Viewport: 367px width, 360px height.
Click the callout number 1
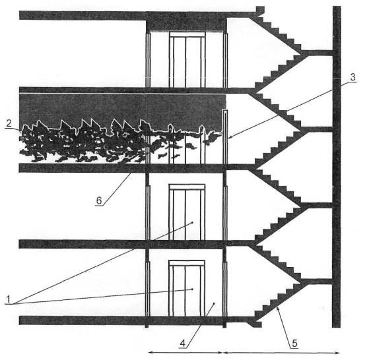9,299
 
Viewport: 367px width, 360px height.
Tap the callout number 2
9,123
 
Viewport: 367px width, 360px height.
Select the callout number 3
352,77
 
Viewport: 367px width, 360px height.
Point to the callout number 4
183,343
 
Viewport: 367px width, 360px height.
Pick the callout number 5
294,343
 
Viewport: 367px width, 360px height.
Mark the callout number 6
99,200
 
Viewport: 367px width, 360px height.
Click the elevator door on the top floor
187,60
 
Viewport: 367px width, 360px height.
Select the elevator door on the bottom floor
187,288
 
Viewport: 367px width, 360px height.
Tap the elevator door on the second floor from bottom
187,212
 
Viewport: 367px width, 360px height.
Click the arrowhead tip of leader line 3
228,139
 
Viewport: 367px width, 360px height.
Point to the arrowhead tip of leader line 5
277,308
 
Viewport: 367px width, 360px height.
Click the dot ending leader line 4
214,303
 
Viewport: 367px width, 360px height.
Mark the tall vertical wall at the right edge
337,167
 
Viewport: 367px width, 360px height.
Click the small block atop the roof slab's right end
260,11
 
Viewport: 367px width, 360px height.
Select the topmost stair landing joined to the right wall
316,53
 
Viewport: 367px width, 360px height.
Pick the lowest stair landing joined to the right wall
316,282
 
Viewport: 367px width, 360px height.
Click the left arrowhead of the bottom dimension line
150,352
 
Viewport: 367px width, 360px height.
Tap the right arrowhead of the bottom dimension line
339,353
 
